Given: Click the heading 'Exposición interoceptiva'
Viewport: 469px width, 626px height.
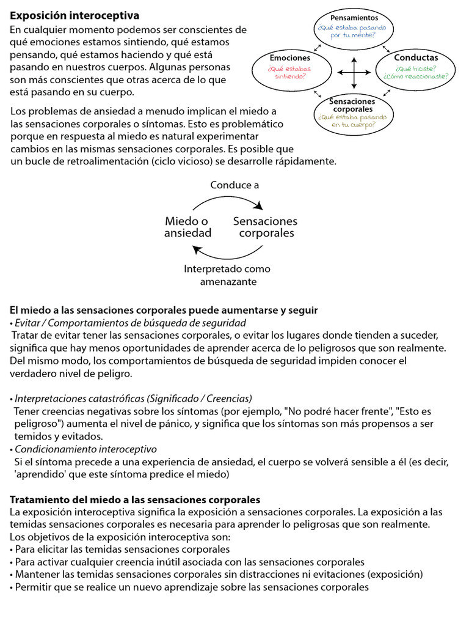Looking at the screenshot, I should (75, 15).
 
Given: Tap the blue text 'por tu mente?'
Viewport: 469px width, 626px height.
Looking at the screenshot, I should (354, 35).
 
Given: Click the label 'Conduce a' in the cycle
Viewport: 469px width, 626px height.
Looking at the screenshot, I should (234, 185).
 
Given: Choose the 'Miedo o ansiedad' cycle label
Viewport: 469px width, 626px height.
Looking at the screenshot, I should (188, 227).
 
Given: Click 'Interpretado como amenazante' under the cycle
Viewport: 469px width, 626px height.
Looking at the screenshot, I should (227, 275).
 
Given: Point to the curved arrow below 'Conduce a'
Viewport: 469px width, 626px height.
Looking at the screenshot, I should (228, 201).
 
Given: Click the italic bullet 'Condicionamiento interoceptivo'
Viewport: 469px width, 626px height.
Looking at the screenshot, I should (85, 449).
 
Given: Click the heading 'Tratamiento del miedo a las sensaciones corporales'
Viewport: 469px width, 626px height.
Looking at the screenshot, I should (135, 499).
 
